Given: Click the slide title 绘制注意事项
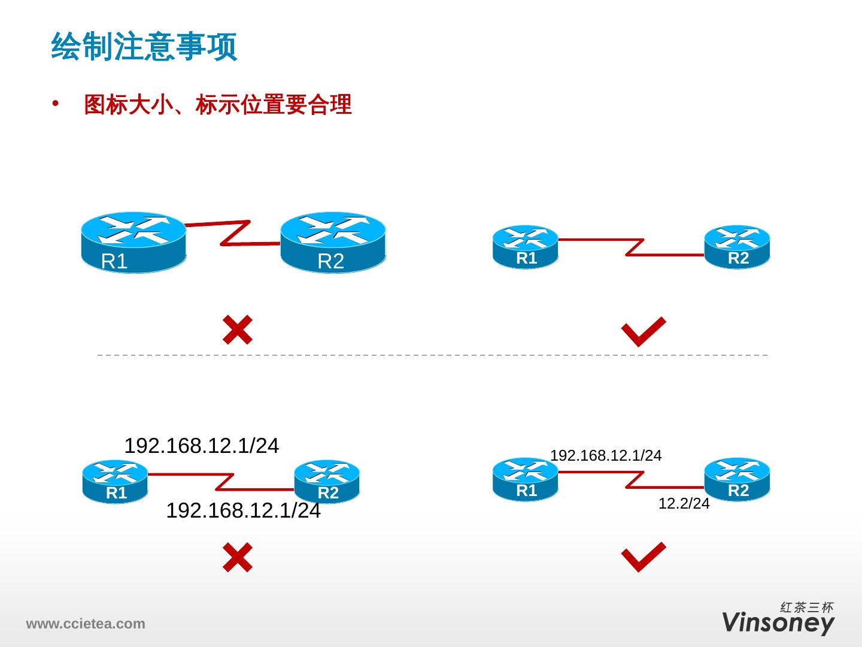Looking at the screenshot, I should tap(144, 47).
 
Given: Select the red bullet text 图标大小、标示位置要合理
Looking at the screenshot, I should tap(217, 105).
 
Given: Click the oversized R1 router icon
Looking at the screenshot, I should tap(133, 242).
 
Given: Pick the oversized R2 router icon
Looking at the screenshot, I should tap(333, 242).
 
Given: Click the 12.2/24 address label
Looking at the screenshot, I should tap(684, 504).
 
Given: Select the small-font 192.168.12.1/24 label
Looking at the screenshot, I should tap(605, 456).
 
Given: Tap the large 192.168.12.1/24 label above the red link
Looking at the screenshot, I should tap(201, 446).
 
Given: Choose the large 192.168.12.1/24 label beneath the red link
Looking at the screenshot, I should tap(243, 512).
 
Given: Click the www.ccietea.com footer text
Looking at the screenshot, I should tap(85, 624).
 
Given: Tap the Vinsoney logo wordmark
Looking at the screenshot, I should tap(778, 623).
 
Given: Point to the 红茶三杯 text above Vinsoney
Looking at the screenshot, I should tap(807, 607).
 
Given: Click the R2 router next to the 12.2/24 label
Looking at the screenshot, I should tap(737, 480).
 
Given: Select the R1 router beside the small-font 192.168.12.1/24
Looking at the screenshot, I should tap(525, 480).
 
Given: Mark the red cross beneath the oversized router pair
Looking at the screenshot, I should tap(237, 329).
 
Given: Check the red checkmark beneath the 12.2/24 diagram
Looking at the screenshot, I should tap(644, 557).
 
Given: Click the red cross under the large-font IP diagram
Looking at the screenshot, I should tap(237, 557).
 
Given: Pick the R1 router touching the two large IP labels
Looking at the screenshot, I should tap(115, 482).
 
